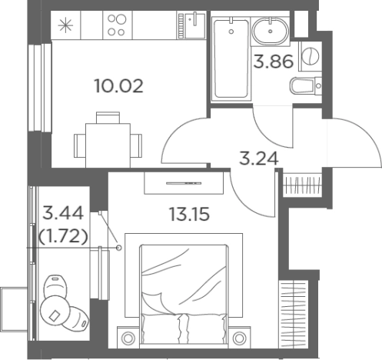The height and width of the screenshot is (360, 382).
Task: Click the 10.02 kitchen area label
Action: point(119,86)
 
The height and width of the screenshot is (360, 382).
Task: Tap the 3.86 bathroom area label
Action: point(274,62)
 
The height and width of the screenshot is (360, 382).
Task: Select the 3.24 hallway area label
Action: point(258,158)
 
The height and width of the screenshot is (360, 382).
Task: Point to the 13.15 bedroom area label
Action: point(190,214)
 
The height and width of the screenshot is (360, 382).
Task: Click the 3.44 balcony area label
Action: point(63,213)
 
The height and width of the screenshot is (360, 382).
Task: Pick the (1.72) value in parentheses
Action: point(63,236)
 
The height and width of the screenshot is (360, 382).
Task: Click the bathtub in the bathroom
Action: point(231,58)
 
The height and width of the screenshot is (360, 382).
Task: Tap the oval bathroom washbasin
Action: point(271,31)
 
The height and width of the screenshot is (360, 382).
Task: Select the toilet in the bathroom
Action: point(306,85)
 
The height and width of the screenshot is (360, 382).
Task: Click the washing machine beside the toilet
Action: point(310,56)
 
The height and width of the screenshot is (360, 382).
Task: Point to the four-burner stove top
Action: point(118,25)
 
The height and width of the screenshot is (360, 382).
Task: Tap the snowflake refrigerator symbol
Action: point(65,25)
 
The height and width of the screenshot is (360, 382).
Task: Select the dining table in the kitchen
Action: point(108,145)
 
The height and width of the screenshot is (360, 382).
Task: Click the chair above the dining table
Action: point(108,118)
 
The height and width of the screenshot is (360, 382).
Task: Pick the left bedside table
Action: point(128,337)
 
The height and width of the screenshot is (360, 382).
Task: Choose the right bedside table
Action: point(239,337)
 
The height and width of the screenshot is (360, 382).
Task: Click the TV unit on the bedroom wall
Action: point(184,183)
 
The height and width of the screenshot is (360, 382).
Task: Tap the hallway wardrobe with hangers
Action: point(303,184)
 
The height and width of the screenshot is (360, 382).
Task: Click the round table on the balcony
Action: point(55,310)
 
